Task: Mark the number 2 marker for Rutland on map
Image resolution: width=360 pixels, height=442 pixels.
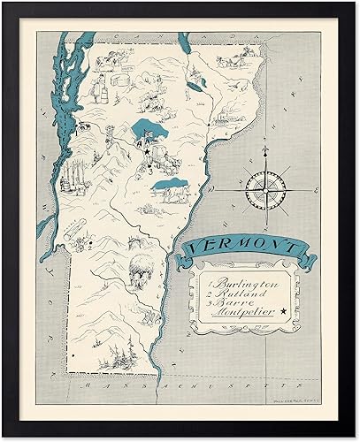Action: (88, 248)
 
